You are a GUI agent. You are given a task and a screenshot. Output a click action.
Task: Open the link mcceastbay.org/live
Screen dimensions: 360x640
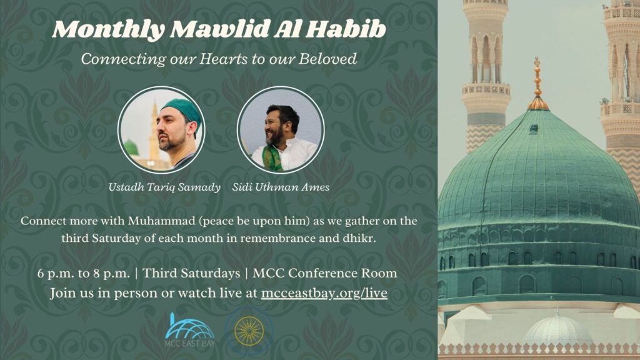[324, 292]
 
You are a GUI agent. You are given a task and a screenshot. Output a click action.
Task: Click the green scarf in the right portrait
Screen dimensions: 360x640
[270, 156]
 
